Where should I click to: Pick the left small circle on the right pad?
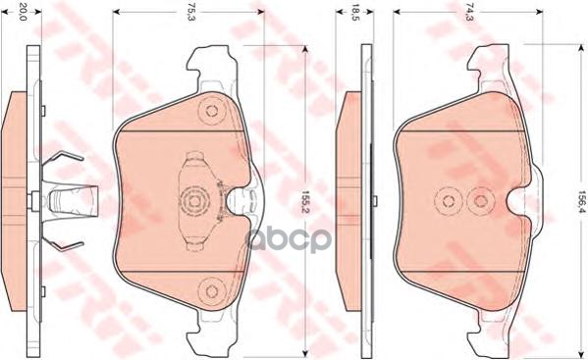tap(449, 202)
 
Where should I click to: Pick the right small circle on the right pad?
tap(480, 202)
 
